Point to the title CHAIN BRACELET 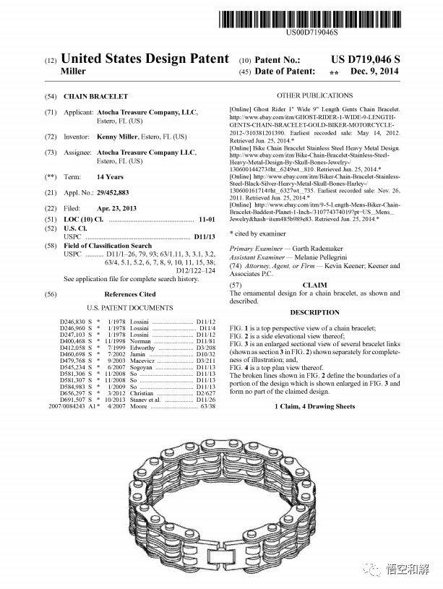95,96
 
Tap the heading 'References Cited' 129,294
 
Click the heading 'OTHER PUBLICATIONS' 314,95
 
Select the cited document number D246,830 75,321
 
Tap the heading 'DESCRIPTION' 314,312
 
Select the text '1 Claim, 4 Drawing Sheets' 314,406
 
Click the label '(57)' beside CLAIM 236,285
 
